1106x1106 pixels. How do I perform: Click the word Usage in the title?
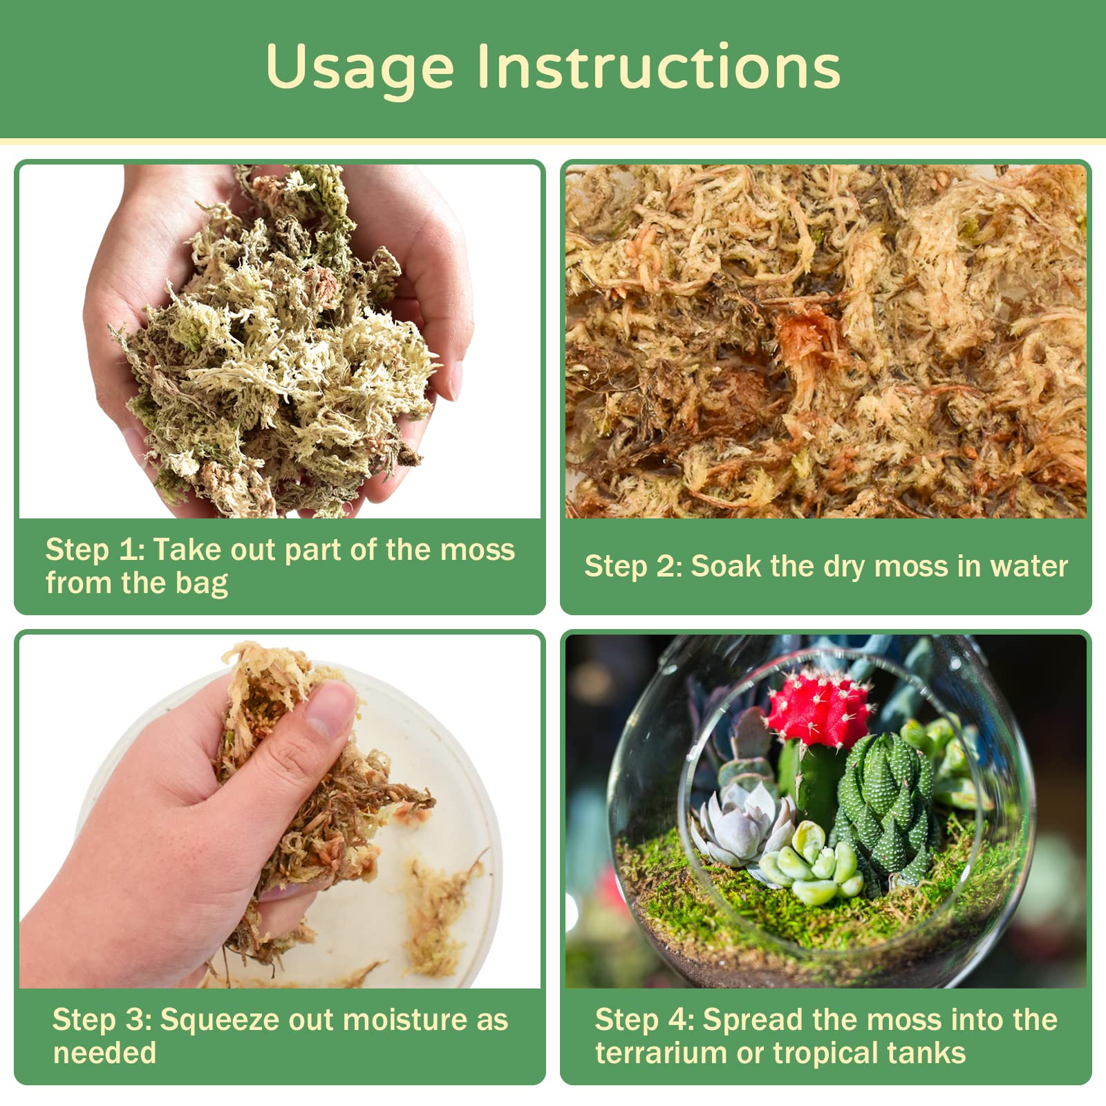pyautogui.click(x=359, y=68)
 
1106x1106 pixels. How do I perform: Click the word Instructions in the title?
pyautogui.click(x=659, y=68)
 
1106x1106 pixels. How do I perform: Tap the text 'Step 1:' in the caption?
pyautogui.click(x=95, y=550)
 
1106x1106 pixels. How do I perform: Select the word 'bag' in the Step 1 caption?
pyautogui.click(x=201, y=584)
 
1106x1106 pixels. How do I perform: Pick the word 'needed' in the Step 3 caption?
pyautogui.click(x=104, y=1053)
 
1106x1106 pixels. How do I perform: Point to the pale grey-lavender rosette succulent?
pyautogui.click(x=743, y=826)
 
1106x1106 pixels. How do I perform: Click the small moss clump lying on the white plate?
pyautogui.click(x=435, y=912)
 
